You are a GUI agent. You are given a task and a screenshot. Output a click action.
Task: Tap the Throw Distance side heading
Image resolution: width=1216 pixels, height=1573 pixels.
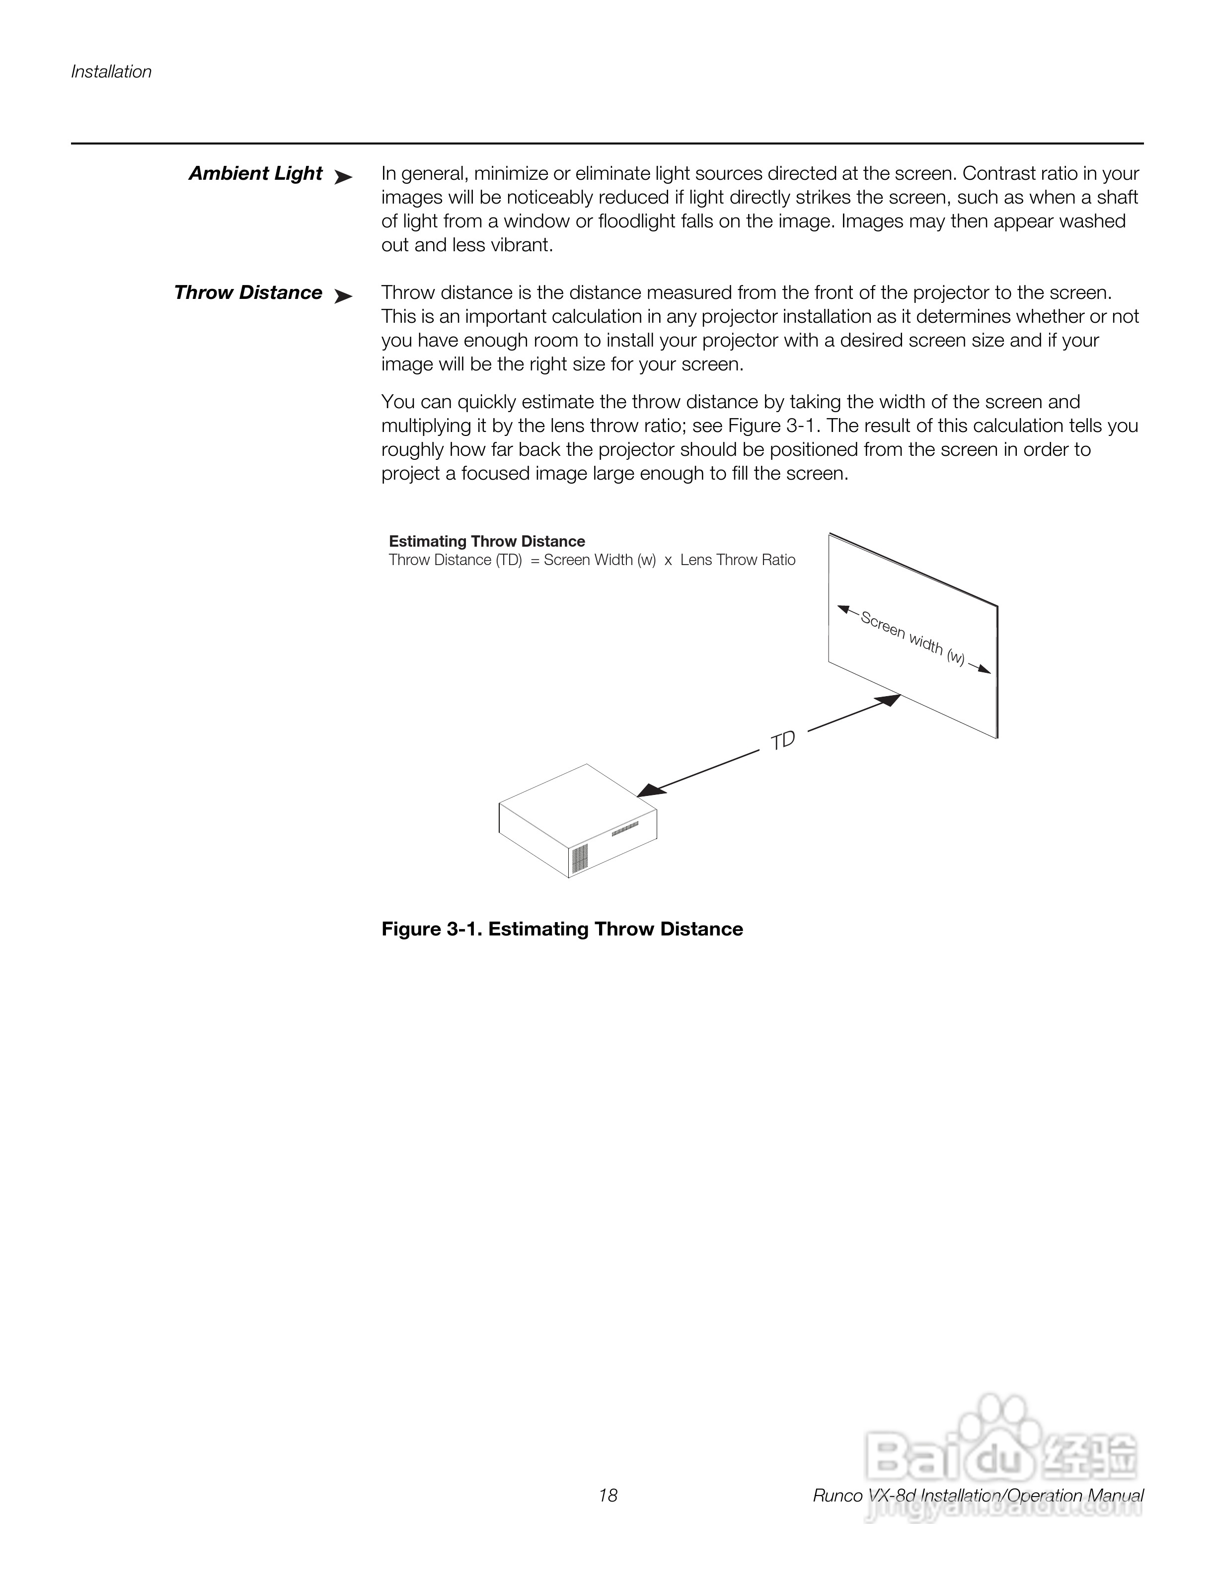(248, 293)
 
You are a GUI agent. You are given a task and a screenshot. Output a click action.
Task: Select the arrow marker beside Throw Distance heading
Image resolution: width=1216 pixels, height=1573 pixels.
(344, 296)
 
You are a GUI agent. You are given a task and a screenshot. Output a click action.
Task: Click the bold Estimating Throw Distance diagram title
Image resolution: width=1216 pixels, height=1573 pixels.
(486, 541)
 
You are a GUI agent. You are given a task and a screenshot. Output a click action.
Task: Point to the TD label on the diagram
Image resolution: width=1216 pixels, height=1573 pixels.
(782, 740)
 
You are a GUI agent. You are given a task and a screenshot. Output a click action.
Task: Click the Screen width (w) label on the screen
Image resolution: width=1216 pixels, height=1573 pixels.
(912, 638)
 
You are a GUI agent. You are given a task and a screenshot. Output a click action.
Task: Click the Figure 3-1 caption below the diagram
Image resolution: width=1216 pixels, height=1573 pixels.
(562, 929)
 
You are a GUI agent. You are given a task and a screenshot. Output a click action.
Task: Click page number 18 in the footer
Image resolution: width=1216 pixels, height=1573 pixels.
(608, 1496)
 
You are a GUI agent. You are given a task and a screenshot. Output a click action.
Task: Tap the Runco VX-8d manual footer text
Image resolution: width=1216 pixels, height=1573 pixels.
(978, 1496)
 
